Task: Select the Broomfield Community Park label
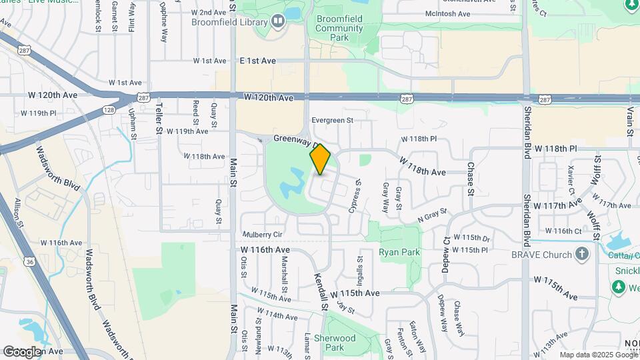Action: click(340, 29)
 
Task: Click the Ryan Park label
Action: click(399, 252)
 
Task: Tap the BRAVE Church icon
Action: click(582, 254)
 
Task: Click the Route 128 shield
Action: click(109, 110)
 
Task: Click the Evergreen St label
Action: click(331, 121)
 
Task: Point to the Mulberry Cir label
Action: click(263, 235)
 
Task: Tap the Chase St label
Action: click(471, 179)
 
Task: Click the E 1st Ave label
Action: click(257, 61)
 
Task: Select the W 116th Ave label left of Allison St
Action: click(61, 243)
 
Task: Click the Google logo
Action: click(22, 351)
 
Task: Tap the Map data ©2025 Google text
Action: click(599, 355)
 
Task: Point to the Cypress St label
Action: click(355, 195)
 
